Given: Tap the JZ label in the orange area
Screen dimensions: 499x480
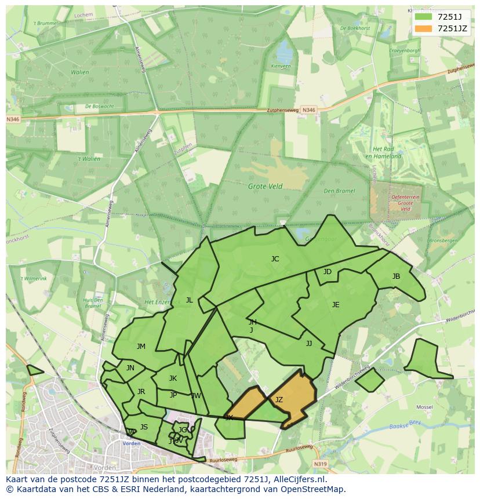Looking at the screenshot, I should [x=279, y=400].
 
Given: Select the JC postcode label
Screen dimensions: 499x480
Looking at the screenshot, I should [x=275, y=259].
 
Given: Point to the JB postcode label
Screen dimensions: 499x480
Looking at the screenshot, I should [x=396, y=276].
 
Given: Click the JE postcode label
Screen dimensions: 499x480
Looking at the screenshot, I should [x=336, y=305].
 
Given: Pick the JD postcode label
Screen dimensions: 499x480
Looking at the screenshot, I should [x=328, y=272].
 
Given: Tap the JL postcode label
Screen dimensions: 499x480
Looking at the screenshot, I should [x=189, y=300].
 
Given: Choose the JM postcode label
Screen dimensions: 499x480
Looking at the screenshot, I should [x=141, y=347].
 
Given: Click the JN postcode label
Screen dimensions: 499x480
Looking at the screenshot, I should [x=130, y=368].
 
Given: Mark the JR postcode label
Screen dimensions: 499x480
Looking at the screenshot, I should [x=141, y=392].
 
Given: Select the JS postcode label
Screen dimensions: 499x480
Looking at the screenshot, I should [x=144, y=427].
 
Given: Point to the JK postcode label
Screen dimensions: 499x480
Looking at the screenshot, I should [x=173, y=378].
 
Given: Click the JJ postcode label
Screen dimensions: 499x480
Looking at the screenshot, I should [x=309, y=344].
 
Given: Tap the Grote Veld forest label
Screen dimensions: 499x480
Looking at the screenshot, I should [x=266, y=187].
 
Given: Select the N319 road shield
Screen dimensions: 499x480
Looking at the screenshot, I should [x=321, y=464].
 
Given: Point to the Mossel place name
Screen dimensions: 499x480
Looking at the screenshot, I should [x=425, y=407].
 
